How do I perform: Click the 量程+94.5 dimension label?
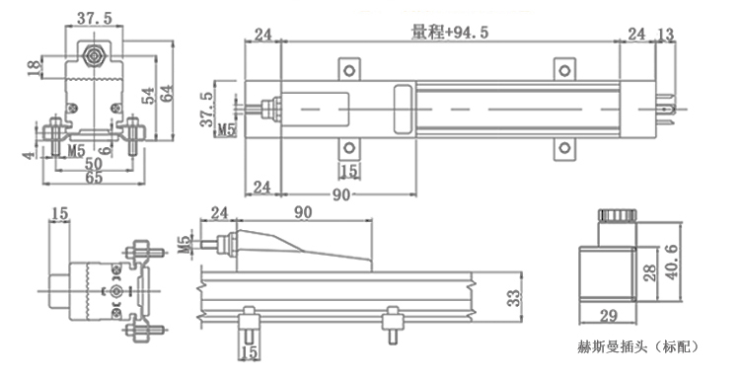click(450, 33)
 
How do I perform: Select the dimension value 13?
click(665, 34)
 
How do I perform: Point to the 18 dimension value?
click(34, 67)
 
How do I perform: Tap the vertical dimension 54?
click(148, 96)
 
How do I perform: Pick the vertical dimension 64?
click(166, 93)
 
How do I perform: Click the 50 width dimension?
click(94, 163)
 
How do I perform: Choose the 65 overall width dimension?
click(94, 178)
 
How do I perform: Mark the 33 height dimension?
click(513, 298)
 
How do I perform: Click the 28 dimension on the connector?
click(650, 272)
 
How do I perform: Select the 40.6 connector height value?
click(671, 263)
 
